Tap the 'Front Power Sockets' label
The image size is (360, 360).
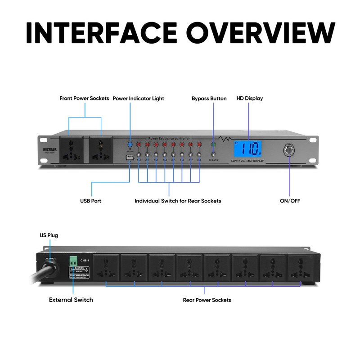[84, 98]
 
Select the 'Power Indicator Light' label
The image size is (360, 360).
[138, 98]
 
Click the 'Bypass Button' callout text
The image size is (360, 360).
[209, 98]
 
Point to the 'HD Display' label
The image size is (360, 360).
[249, 98]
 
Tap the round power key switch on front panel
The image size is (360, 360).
[288, 150]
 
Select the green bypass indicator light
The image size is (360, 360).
[213, 145]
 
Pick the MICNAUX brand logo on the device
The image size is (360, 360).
[50, 147]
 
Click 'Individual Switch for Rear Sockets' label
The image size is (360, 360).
[178, 201]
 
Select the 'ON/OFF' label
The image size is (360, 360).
[290, 201]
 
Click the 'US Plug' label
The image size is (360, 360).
[49, 235]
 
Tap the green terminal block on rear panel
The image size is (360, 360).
[73, 261]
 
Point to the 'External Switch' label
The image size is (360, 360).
[71, 300]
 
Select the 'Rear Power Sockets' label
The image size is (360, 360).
[207, 300]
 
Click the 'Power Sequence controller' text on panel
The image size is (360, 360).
[169, 139]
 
